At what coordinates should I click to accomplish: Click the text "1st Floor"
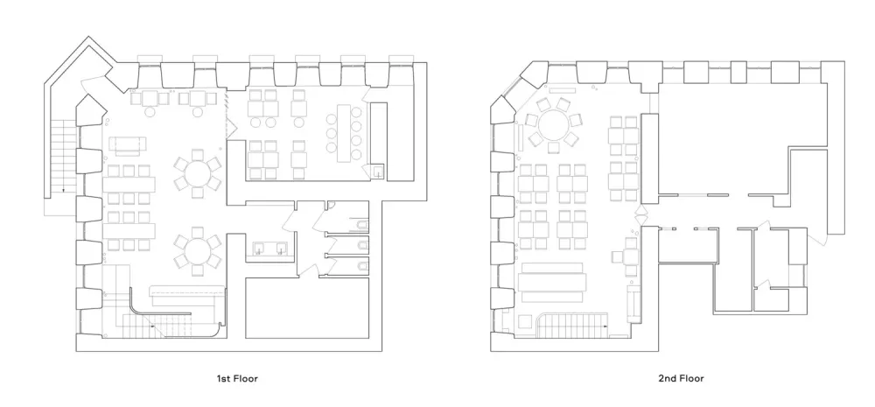(x=237, y=378)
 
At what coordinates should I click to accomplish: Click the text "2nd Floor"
(x=681, y=378)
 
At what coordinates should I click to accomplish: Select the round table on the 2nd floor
(x=554, y=124)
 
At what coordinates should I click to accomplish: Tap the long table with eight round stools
(x=344, y=133)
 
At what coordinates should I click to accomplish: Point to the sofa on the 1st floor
(x=127, y=144)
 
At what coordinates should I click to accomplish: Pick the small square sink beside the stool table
(x=378, y=171)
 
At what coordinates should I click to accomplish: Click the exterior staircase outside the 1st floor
(x=63, y=157)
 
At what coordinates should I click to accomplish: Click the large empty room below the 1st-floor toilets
(x=307, y=307)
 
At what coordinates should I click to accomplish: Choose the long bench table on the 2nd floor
(x=552, y=282)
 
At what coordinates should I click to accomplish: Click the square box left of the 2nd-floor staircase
(x=524, y=322)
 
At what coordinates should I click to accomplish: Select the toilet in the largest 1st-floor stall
(x=361, y=226)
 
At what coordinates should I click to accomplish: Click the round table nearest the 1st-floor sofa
(x=198, y=174)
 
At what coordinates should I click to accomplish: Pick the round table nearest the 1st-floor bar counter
(x=198, y=250)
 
